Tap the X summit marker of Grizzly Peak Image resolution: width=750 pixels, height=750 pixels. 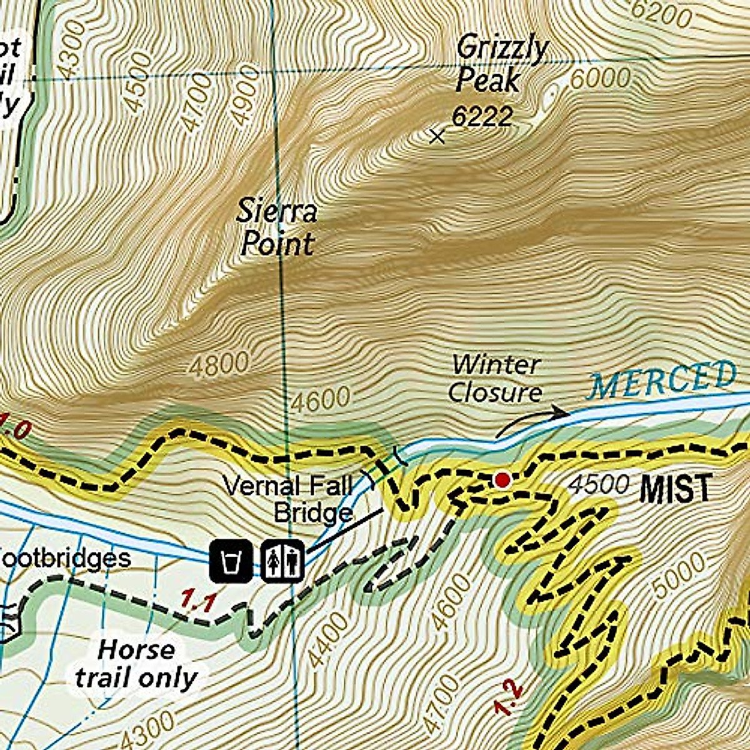click(x=438, y=136)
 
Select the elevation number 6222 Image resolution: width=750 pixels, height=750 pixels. click(x=482, y=117)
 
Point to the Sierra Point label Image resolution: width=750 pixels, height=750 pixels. click(x=277, y=228)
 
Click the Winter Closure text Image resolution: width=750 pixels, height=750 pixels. click(x=495, y=379)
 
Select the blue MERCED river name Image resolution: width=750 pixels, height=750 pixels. click(x=662, y=379)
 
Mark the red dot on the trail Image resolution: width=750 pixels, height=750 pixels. click(x=502, y=480)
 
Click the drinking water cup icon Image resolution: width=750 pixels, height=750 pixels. click(x=231, y=561)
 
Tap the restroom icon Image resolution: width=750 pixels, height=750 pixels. click(x=282, y=561)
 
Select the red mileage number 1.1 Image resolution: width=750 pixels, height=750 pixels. click(x=198, y=602)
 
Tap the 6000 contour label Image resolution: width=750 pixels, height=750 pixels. click(x=600, y=79)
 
